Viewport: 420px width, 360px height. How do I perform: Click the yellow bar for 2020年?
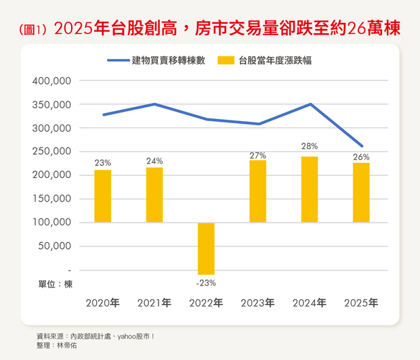pos(103,196)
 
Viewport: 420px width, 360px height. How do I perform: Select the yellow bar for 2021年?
pos(154,194)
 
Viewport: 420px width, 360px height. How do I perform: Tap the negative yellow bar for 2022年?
pos(206,248)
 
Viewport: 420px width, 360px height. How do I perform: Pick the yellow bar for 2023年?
pos(257,191)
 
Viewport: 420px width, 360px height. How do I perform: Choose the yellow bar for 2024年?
pos(310,189)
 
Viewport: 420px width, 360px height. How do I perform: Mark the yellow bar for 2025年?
pos(361,192)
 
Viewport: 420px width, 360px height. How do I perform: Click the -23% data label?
pos(206,283)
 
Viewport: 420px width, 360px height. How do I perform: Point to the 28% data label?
pos(310,146)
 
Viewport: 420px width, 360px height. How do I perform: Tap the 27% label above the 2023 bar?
pos(257,156)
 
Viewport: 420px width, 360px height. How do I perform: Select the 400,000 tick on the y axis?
pos(52,81)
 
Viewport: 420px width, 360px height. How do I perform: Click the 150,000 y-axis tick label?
pos(52,199)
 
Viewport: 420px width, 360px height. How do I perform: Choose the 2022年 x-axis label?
pos(206,302)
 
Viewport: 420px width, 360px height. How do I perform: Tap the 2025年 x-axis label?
pos(361,302)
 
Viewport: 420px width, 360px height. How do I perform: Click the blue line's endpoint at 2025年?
pos(362,146)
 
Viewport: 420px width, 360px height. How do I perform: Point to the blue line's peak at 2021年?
pos(154,104)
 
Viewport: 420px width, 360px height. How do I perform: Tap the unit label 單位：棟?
pos(55,284)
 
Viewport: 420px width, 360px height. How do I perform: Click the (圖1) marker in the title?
pos(33,30)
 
